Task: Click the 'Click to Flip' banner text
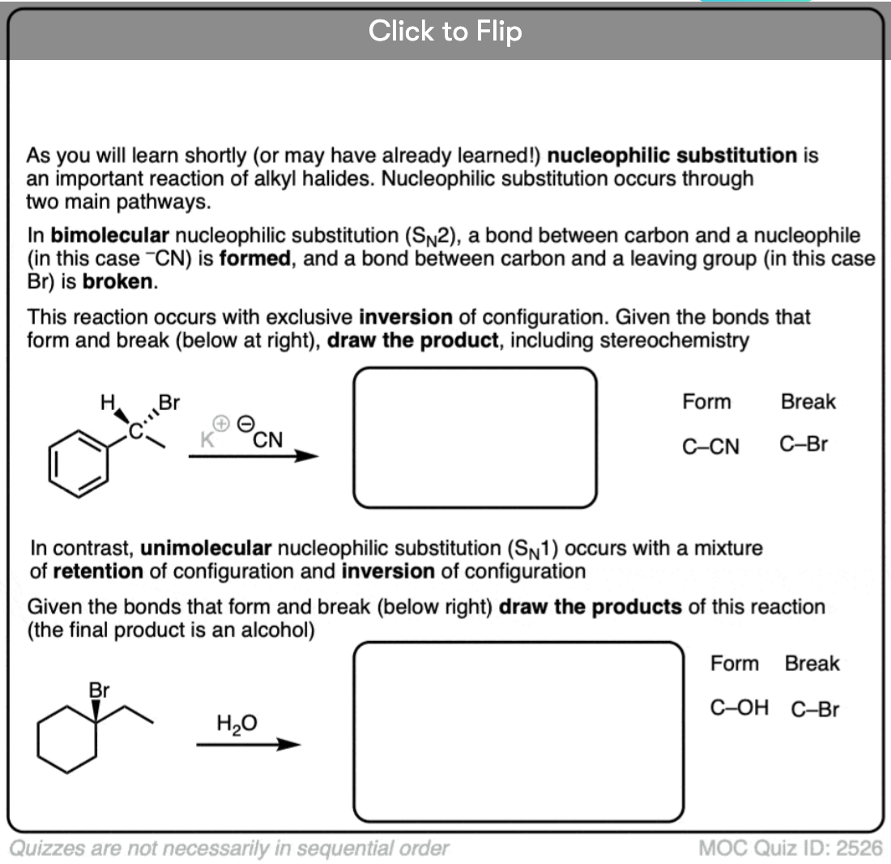(445, 32)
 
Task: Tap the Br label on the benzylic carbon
(169, 402)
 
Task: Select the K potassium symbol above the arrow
(207, 440)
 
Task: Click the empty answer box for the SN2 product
(475, 438)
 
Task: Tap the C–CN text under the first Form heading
(710, 446)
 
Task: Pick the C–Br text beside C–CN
(804, 444)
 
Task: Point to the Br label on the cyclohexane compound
(99, 691)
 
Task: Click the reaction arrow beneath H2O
(248, 745)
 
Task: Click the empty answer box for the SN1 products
(519, 732)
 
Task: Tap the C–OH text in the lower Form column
(739, 708)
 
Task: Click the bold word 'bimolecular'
(109, 236)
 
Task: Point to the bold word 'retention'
(98, 571)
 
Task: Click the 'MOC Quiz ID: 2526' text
(790, 848)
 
